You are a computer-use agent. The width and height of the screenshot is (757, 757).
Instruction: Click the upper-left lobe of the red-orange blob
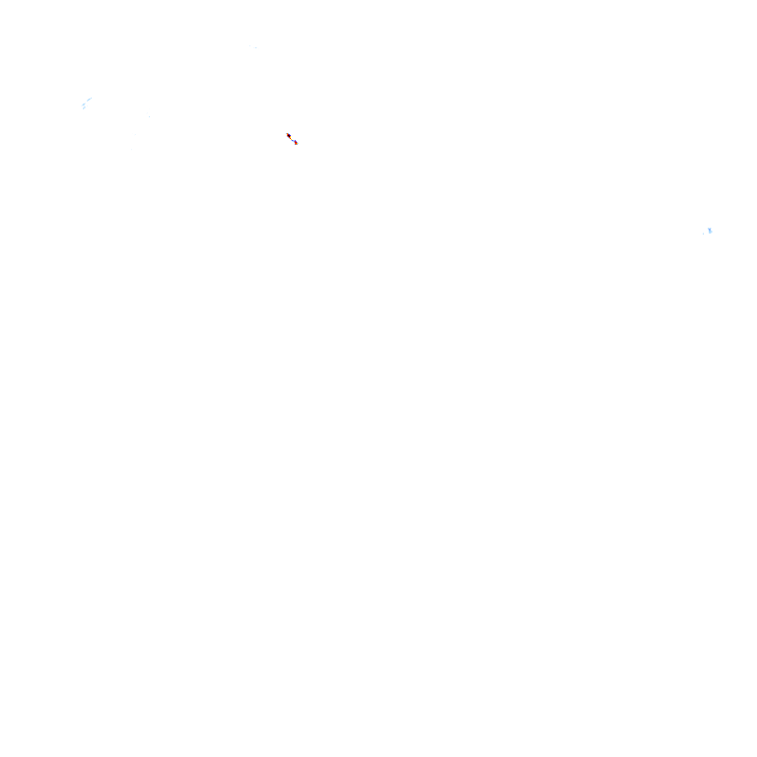(x=288, y=134)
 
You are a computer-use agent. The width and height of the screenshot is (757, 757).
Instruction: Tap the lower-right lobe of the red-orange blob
(x=295, y=143)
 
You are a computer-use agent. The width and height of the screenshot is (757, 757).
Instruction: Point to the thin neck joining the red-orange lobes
(x=292, y=139)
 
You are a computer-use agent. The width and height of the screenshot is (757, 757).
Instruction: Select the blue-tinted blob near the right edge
(x=710, y=231)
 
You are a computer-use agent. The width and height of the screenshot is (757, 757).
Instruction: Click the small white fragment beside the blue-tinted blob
(x=704, y=234)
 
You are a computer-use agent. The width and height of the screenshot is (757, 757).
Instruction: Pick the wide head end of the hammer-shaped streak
(x=83, y=106)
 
